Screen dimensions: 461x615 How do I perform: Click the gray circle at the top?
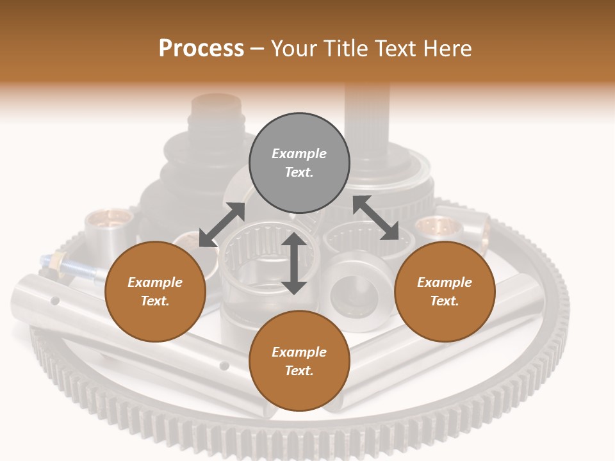click(299, 163)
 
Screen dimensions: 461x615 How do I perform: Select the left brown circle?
click(155, 291)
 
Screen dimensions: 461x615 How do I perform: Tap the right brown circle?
click(445, 291)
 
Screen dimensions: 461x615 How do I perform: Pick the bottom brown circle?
click(299, 361)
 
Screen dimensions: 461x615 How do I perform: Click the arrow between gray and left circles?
click(222, 224)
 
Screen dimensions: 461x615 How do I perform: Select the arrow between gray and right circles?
click(375, 218)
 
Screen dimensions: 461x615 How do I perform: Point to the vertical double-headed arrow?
click(294, 263)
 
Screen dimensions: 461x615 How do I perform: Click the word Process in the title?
click(201, 48)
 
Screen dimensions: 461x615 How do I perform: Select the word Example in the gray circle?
click(299, 154)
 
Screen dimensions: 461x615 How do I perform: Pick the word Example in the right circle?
click(445, 282)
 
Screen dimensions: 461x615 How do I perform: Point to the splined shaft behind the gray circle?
click(367, 115)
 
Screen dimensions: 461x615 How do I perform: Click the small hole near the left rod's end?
click(55, 300)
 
